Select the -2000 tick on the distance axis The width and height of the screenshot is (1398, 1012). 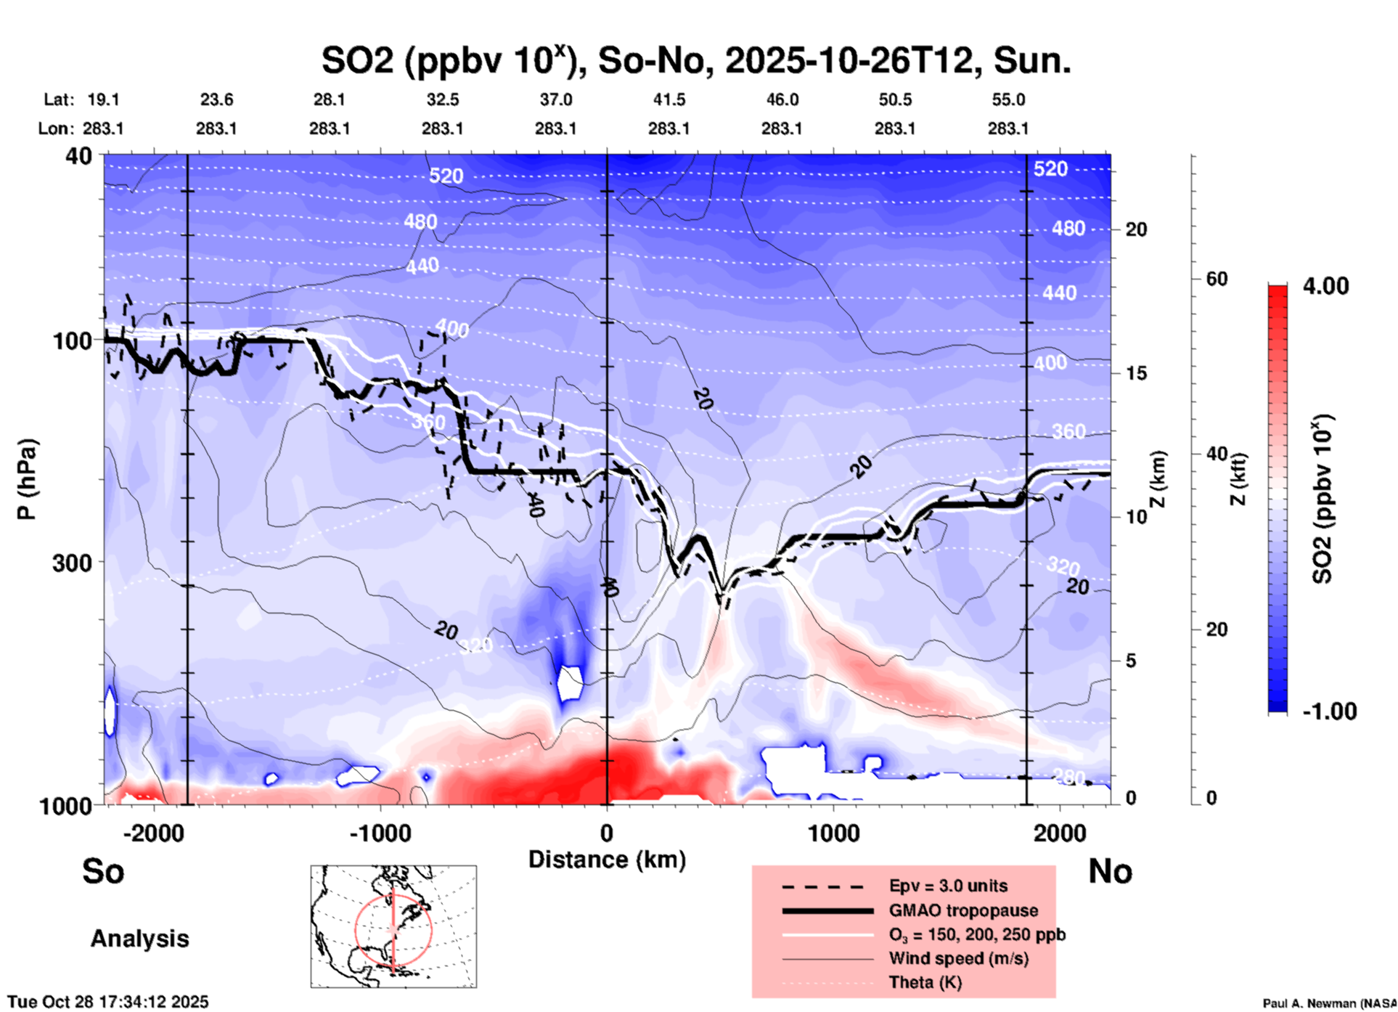pos(153,833)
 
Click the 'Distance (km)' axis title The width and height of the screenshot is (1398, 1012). pos(607,860)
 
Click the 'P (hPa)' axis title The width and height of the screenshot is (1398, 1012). pos(27,479)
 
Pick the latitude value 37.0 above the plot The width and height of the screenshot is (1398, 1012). pos(555,99)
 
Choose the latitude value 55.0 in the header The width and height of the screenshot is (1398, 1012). pos(1008,99)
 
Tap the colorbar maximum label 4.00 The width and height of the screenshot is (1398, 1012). pos(1325,286)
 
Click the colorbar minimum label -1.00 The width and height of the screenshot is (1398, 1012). pos(1329,711)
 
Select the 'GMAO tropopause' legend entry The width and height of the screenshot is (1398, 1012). pos(963,910)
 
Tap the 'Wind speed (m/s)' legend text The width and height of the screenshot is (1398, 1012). pos(958,958)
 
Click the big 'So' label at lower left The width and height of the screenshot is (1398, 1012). pos(103,871)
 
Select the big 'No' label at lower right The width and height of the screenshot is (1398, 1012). pos(1110,871)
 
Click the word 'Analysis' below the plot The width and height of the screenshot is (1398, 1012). pos(139,939)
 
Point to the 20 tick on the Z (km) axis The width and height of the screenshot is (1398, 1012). pos(1136,229)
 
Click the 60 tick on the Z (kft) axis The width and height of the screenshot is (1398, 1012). pos(1217,279)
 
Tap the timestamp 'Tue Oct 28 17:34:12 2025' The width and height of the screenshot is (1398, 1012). pos(108,1002)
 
